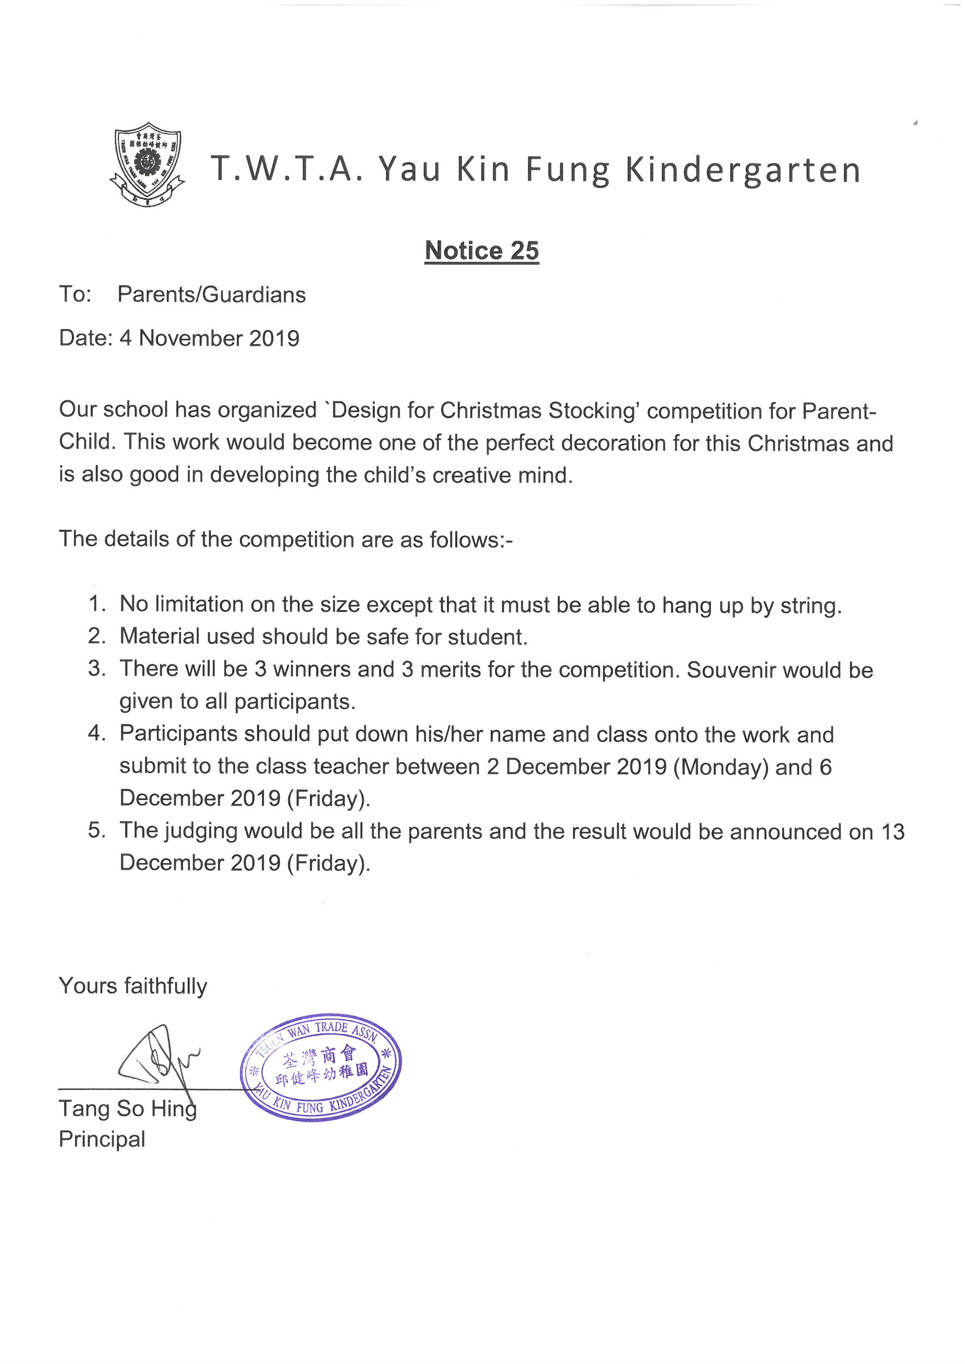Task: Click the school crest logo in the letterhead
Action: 147,165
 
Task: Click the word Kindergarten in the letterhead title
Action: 743,170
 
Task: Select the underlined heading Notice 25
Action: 482,251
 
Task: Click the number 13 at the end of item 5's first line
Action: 893,832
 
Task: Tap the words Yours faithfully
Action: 133,986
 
